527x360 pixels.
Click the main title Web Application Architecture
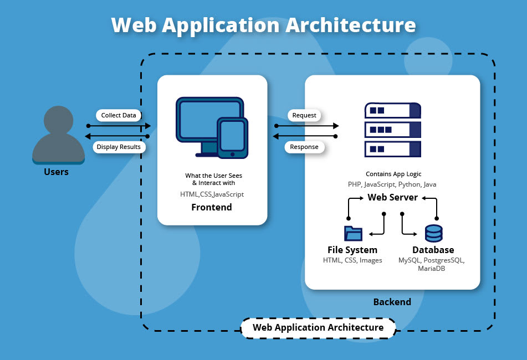coord(263,25)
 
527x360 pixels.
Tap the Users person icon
coord(58,136)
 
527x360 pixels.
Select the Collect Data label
coord(118,115)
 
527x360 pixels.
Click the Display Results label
coord(119,147)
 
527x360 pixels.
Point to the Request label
coord(304,115)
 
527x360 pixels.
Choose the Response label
coord(304,147)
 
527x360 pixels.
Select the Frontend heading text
coord(211,207)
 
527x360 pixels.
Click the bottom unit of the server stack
coord(392,149)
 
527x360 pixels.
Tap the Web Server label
coord(392,198)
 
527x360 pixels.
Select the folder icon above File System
coord(352,233)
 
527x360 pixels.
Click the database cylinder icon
coord(433,233)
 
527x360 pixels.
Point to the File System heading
coord(352,250)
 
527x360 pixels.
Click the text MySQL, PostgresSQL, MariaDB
coord(432,264)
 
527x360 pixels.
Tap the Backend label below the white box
coord(392,302)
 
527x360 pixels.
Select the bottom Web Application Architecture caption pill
coord(318,327)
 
